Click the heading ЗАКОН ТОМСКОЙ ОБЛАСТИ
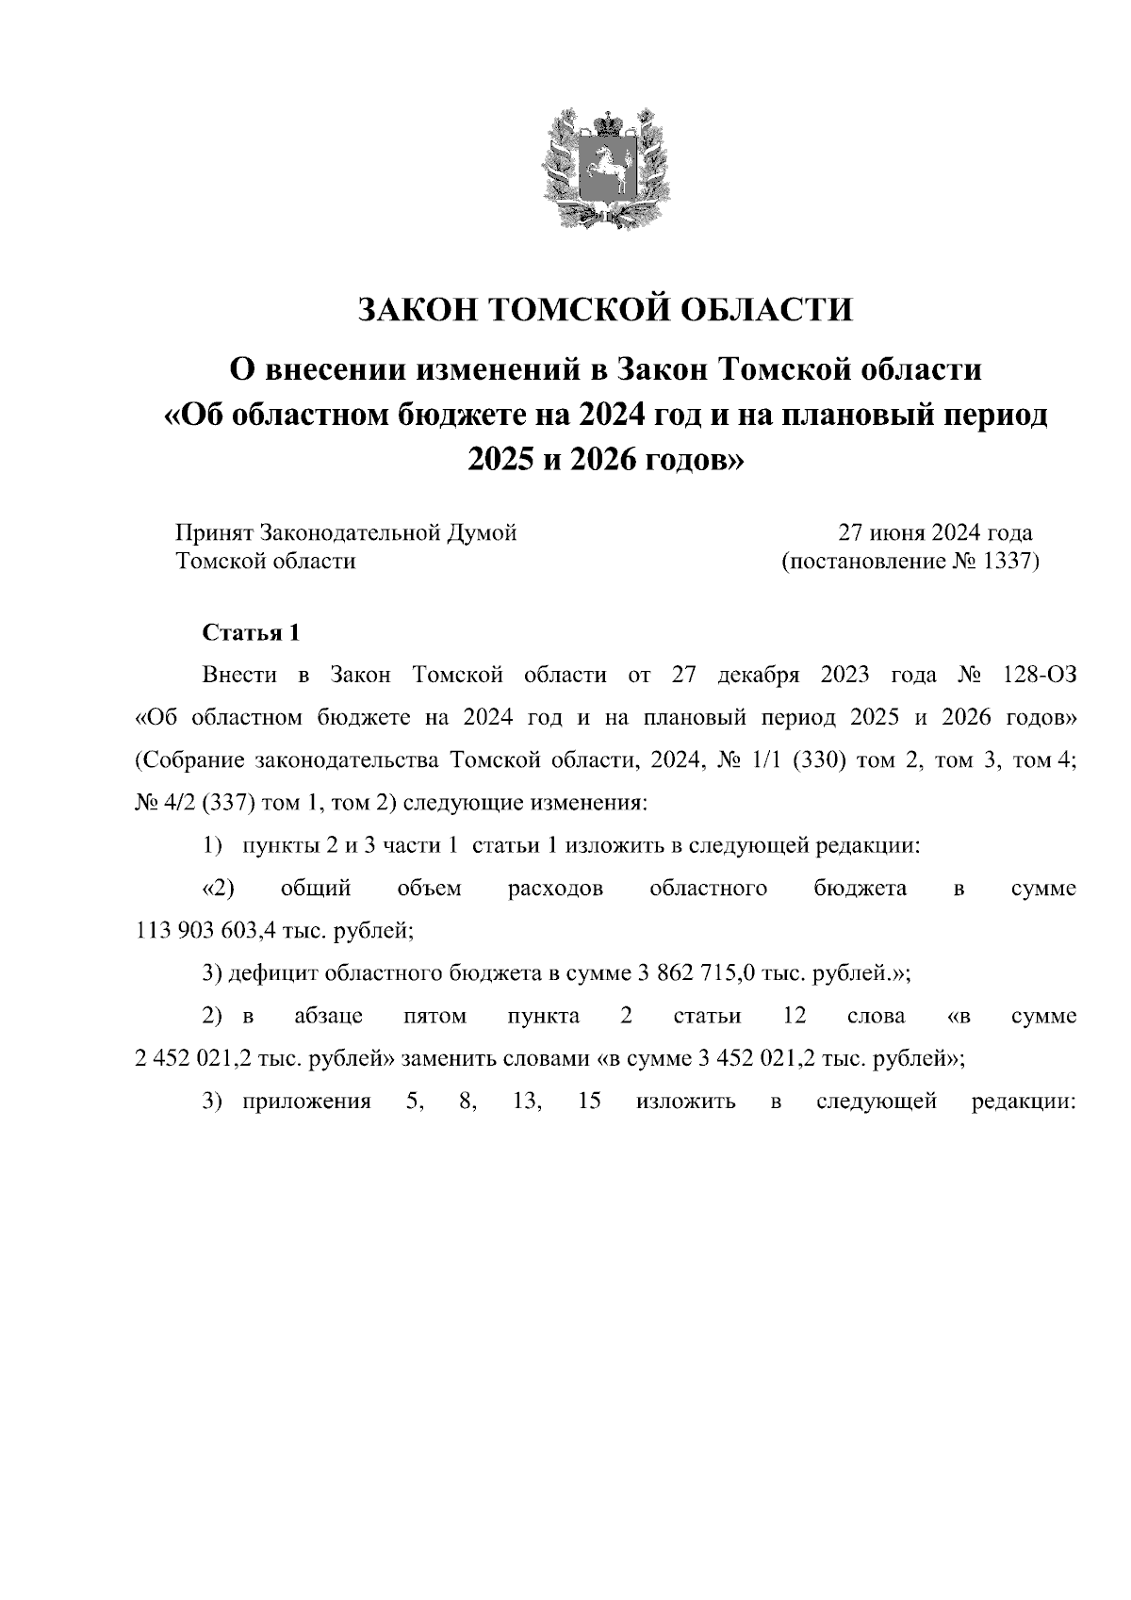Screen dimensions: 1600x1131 pos(605,309)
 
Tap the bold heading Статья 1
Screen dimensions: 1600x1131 pos(251,633)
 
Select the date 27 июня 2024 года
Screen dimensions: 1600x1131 pos(936,533)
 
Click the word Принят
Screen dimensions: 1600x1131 pos(214,533)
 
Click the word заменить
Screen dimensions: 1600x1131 pos(449,1058)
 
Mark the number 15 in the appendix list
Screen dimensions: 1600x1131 pos(589,1102)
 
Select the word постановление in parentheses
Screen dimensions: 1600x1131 pos(862,563)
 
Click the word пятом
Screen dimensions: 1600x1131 pos(434,1017)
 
